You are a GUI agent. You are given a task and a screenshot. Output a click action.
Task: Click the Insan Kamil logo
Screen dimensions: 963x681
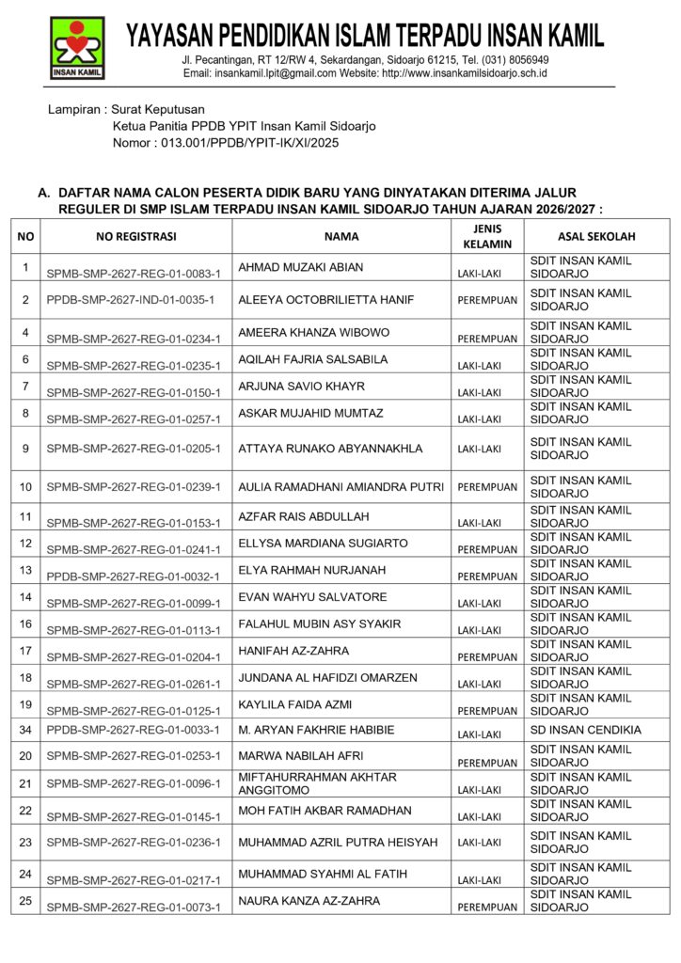[x=77, y=48]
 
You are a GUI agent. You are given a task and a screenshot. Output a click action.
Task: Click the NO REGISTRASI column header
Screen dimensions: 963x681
[x=136, y=237]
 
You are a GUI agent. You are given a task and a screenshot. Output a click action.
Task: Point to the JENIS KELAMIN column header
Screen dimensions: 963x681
[x=487, y=236]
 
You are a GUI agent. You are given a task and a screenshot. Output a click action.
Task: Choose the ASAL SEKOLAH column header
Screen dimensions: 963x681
[x=596, y=237]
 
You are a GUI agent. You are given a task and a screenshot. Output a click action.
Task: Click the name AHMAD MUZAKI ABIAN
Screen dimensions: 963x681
[x=301, y=267]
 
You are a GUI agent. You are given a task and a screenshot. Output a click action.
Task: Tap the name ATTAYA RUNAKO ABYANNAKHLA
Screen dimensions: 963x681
[x=330, y=449]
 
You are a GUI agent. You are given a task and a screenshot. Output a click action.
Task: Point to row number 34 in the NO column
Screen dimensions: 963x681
[x=26, y=730]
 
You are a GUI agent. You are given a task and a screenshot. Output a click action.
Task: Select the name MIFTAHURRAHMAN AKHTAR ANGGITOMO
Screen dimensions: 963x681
[x=317, y=783]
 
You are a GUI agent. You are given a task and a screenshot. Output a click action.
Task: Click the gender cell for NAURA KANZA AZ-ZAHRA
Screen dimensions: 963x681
[x=487, y=908]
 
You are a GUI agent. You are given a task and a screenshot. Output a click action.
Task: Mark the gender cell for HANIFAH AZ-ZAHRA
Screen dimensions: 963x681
[x=487, y=657]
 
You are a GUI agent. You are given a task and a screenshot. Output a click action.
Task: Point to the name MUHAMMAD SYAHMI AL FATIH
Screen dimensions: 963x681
[x=323, y=874]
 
